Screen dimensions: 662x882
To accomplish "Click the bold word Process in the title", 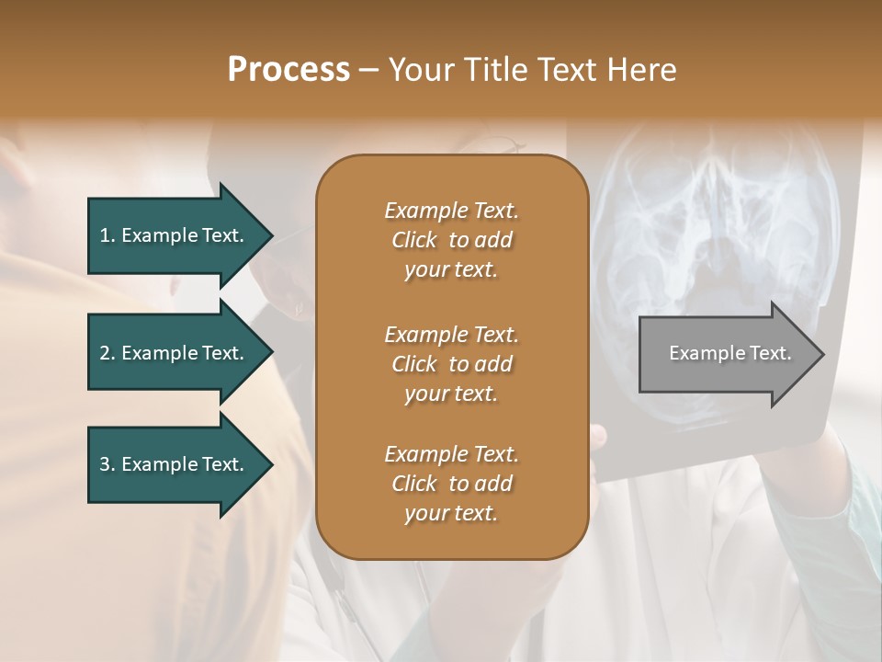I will point(288,70).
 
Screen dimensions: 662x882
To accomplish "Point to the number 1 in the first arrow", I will point(104,235).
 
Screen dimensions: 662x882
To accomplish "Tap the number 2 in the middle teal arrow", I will point(105,353).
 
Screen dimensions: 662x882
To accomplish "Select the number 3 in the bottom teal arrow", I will point(105,464).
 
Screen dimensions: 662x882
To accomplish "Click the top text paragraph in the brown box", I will point(451,240).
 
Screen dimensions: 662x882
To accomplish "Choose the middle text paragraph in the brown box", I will point(451,364).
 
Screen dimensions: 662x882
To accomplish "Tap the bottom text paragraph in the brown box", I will point(451,484).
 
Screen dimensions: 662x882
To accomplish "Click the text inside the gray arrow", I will point(730,353).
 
